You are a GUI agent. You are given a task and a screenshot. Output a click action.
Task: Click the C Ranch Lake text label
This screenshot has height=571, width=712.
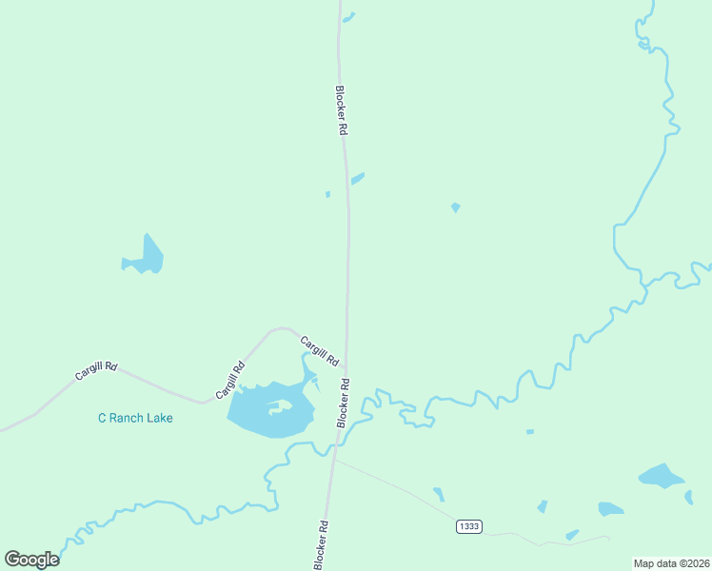[x=136, y=418]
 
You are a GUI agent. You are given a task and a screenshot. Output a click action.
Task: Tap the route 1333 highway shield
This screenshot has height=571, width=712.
[x=468, y=526]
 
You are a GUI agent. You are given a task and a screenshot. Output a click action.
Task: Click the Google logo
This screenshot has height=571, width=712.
[x=31, y=559]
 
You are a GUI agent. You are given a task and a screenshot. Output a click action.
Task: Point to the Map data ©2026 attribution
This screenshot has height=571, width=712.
[x=670, y=563]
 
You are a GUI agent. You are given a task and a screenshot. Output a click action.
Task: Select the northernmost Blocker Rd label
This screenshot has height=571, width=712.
[x=340, y=111]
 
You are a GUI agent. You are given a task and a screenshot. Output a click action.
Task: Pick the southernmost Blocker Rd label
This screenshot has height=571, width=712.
[x=323, y=545]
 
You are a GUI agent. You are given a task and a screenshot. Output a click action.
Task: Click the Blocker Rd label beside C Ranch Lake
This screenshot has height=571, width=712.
[x=344, y=403]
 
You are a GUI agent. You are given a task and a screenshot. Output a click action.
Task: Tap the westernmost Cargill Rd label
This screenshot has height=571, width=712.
[x=96, y=370]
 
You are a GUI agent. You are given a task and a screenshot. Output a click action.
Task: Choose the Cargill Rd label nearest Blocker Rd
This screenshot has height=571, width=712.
[x=319, y=351]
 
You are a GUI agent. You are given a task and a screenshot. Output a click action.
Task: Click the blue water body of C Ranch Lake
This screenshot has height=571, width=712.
[x=257, y=419]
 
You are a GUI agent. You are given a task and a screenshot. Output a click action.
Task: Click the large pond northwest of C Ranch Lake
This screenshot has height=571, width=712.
[x=147, y=257]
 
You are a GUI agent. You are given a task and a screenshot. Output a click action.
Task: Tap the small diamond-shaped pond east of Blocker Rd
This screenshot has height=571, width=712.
[x=456, y=207]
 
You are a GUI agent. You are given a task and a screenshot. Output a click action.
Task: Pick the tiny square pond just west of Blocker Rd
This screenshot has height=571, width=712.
[x=327, y=194]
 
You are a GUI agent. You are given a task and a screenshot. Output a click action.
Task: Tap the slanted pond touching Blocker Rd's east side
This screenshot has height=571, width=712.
[x=358, y=178]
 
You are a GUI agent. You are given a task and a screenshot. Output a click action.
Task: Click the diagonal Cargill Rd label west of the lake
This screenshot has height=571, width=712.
[x=230, y=380]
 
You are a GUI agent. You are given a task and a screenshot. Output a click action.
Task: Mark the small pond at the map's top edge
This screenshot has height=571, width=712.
[x=349, y=16]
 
